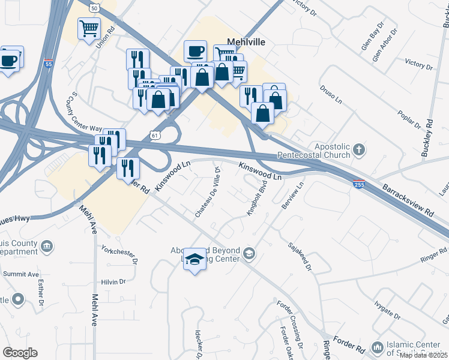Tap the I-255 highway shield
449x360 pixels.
click(x=358, y=184)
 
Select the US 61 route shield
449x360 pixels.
click(x=155, y=136)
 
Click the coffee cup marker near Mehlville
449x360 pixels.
click(x=195, y=51)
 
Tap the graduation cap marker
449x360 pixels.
click(x=194, y=259)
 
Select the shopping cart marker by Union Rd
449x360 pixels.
click(x=89, y=28)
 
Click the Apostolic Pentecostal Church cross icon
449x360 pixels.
click(x=359, y=149)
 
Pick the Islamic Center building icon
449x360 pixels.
click(x=378, y=347)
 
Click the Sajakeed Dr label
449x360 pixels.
click(x=300, y=256)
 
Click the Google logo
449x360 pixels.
click(x=20, y=353)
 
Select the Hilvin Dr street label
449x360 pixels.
click(x=113, y=281)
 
